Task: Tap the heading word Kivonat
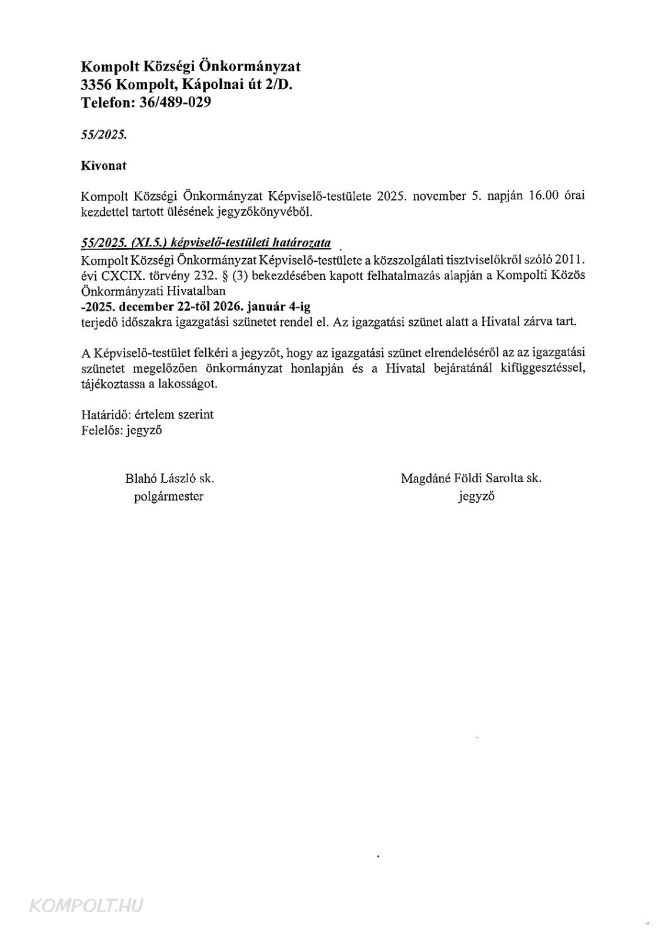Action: click(x=103, y=166)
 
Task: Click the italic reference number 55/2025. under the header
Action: click(x=104, y=135)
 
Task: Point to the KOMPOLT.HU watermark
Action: click(x=86, y=905)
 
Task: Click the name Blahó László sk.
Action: click(x=169, y=478)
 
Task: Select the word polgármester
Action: click(x=169, y=496)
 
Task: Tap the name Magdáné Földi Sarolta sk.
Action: click(x=471, y=478)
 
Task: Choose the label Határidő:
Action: click(x=106, y=415)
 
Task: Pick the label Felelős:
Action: click(x=102, y=431)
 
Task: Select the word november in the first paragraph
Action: click(x=439, y=196)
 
